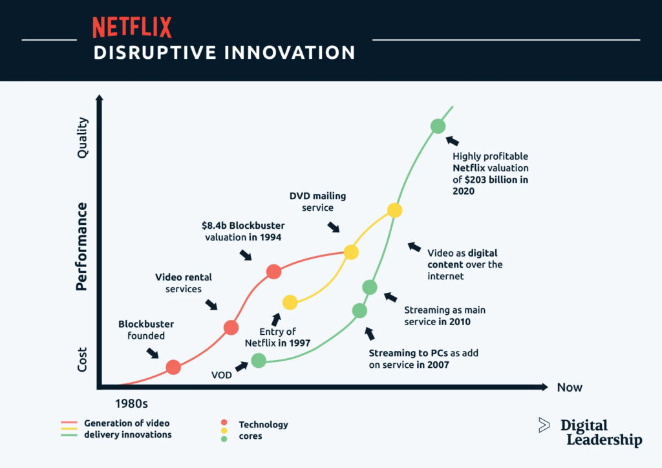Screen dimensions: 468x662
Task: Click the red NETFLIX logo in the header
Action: click(132, 27)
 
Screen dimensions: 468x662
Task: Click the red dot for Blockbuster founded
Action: click(173, 367)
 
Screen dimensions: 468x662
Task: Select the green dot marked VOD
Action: click(258, 360)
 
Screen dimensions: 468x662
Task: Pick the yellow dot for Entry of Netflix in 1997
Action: click(290, 302)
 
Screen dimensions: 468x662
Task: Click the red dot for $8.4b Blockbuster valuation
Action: click(273, 271)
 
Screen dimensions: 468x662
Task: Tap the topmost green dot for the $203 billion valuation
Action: click(438, 126)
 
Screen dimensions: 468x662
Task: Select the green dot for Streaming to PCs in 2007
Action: click(360, 310)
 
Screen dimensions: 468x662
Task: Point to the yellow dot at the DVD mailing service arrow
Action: click(350, 251)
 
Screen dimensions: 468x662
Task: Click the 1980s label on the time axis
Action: click(131, 405)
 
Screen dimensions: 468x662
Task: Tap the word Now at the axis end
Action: click(570, 388)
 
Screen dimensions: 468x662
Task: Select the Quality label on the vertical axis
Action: click(82, 137)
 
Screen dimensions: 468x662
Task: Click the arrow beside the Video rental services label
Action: click(211, 304)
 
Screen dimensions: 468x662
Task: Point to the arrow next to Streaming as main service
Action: click(390, 297)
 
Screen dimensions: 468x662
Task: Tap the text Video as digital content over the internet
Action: click(464, 264)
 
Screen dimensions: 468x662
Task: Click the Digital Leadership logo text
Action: click(601, 432)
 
